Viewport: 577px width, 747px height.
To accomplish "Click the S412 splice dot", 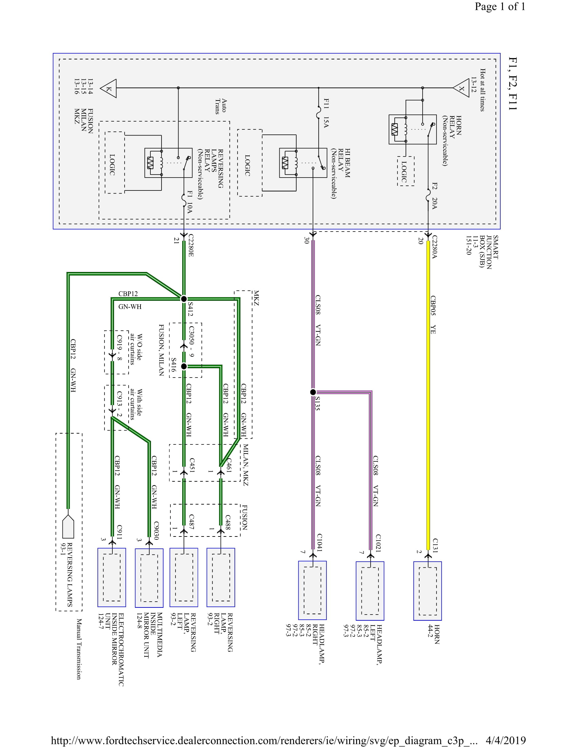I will [184, 298].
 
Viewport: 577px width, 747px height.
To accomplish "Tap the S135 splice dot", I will [313, 392].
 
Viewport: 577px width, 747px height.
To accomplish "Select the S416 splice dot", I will [184, 366].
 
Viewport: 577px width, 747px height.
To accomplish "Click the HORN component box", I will [427, 591].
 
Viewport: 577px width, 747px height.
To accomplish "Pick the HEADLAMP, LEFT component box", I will [370, 591].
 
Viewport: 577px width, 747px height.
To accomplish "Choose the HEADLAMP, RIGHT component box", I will [312, 590].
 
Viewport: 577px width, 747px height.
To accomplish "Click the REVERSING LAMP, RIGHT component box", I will [221, 577].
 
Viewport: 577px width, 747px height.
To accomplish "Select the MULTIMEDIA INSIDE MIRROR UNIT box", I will [149, 578].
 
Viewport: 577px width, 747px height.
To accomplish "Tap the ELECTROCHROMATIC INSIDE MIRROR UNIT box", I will [112, 577].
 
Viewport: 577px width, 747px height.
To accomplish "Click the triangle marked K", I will [109, 89].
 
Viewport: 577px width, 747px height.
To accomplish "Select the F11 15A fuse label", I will [326, 113].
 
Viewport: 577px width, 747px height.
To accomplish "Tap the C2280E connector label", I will [191, 245].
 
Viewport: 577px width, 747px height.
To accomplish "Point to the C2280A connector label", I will [434, 247].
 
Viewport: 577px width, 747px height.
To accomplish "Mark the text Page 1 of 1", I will [500, 7].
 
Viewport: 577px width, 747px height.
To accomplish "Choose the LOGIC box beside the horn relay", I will [405, 171].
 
